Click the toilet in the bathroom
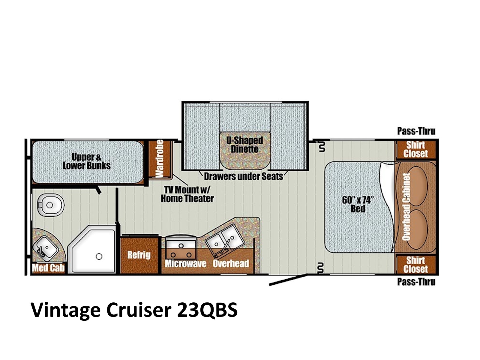point(50,205)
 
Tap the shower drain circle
point(99,256)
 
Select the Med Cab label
point(48,268)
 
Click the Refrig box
point(139,255)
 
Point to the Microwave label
point(185,264)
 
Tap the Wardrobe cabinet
point(160,159)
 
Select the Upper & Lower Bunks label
point(87,161)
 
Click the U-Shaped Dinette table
point(245,150)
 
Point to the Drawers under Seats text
point(244,176)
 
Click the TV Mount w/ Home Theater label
point(187,194)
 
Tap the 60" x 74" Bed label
point(358,204)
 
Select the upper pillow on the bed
point(417,186)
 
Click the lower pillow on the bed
point(417,229)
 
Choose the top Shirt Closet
point(415,149)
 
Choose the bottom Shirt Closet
point(415,265)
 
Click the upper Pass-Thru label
point(416,131)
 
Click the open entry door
point(288,280)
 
